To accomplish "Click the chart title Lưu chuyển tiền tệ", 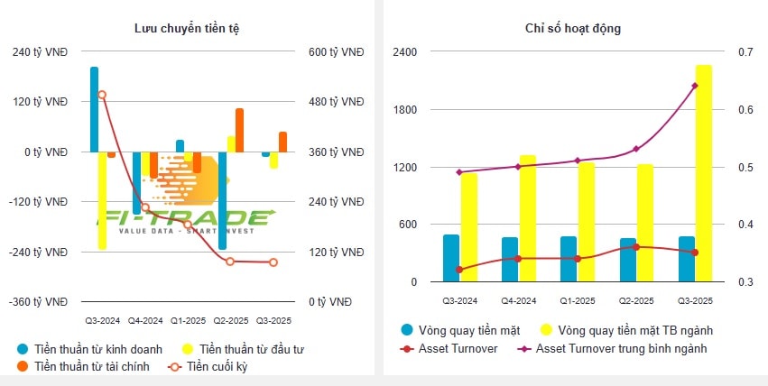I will tap(187, 29).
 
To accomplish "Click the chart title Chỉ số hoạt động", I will tap(572, 29).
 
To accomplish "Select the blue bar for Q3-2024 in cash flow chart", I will tap(94, 108).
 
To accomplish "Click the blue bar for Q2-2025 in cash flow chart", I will tap(222, 198).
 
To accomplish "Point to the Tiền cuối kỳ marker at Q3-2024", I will tap(102, 95).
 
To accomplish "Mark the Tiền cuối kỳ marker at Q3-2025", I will tap(273, 262).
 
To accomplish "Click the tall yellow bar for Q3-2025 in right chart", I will tap(703, 171).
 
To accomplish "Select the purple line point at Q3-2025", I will tap(695, 86).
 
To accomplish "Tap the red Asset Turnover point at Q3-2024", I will tap(460, 270).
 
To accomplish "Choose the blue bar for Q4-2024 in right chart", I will tap(510, 260).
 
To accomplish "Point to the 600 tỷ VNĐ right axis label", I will tap(337, 52).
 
